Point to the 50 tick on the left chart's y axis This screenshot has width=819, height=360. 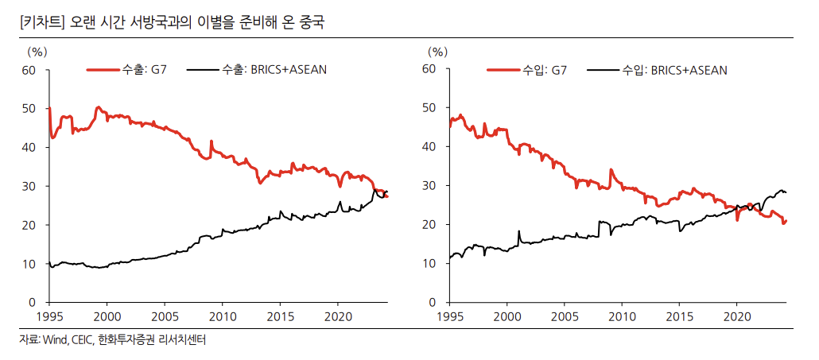click(30, 108)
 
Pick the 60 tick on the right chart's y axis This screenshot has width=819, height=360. click(431, 69)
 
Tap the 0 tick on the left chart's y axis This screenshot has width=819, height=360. click(33, 303)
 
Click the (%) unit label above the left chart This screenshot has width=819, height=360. click(37, 51)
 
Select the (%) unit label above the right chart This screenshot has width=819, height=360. click(437, 51)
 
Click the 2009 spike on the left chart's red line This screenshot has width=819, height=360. click(211, 141)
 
